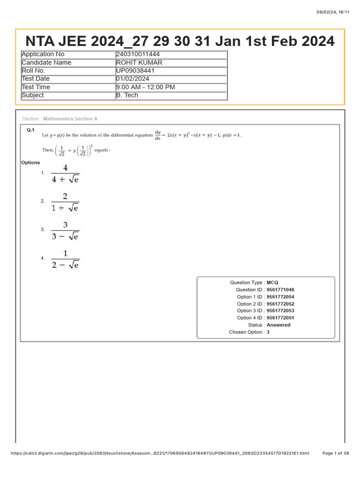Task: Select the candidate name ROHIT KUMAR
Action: (140, 63)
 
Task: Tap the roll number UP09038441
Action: (135, 71)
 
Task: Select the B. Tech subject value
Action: (127, 95)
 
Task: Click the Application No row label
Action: (43, 54)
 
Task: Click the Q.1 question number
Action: (30, 130)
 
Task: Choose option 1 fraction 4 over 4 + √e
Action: (65, 173)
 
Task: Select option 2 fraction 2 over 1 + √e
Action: (65, 202)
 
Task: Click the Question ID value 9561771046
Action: (280, 290)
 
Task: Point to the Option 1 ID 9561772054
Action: (280, 297)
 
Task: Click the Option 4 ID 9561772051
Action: (280, 318)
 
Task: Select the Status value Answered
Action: (278, 325)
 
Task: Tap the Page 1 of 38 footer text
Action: (336, 453)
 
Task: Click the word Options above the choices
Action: (30, 163)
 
